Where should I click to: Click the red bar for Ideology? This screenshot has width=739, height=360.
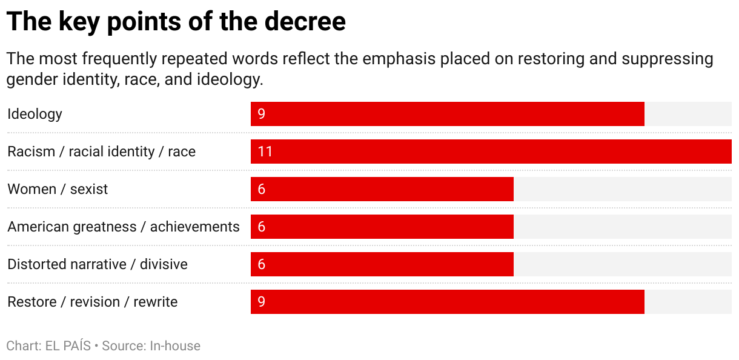pos(447,114)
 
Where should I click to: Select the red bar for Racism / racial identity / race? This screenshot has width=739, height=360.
pos(491,152)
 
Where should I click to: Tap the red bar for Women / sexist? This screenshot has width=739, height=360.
pos(382,189)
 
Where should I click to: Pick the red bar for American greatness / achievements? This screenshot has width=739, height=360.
pos(382,227)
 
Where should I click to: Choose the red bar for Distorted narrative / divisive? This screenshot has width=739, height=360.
pos(382,264)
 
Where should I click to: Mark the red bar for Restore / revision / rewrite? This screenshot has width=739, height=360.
pos(447,302)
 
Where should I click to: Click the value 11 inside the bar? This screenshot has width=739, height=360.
pos(265,152)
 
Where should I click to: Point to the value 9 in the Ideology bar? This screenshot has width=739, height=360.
pos(262,114)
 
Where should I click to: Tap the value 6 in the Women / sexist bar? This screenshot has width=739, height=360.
pos(262,189)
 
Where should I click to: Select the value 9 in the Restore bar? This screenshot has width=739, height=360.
pos(262,302)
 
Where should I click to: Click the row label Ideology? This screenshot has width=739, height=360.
pos(35,114)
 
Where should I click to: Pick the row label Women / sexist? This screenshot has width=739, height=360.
pos(58,189)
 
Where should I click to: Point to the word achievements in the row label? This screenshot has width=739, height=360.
pos(194,227)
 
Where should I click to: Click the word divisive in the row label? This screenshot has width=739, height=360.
pos(164,264)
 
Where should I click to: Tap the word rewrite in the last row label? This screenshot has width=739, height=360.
pos(156,302)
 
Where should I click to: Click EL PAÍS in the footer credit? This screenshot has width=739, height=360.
pos(68,346)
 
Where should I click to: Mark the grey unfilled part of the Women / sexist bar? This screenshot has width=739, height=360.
pos(622,189)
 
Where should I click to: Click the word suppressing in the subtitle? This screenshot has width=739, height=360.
pos(668,59)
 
